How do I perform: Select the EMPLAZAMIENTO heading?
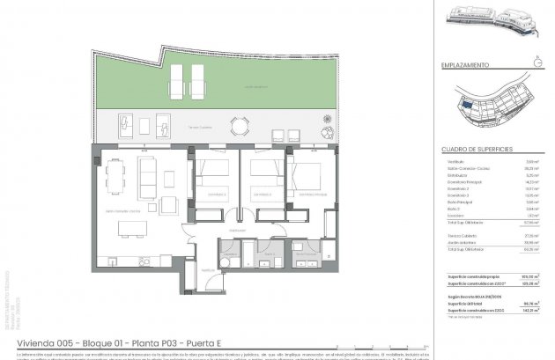(x=466, y=66)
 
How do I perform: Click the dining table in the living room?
(x=133, y=229)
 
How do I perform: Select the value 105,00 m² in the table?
(x=527, y=277)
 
